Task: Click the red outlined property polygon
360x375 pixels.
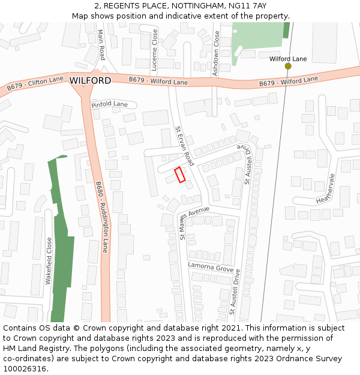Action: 180,175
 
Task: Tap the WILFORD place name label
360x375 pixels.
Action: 90,80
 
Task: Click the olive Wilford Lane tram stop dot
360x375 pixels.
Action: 288,66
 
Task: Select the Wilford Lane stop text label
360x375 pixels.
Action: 288,59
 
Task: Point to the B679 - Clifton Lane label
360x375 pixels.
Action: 35,83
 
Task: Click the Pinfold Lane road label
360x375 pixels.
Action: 109,104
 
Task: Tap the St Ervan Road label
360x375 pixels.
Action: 185,146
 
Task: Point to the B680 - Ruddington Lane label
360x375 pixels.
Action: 101,217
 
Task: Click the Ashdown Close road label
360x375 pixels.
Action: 217,53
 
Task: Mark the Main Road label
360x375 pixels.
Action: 101,45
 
